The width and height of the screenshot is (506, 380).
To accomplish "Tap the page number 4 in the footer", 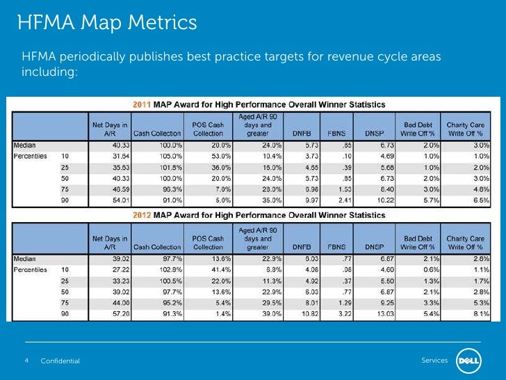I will (x=26, y=360).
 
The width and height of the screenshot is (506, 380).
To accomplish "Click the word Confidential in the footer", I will (x=60, y=361).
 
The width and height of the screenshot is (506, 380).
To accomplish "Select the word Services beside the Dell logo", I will (x=434, y=360).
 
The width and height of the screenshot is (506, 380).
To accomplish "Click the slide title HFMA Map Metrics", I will (x=107, y=23).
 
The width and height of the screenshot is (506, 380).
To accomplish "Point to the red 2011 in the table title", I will (x=142, y=104).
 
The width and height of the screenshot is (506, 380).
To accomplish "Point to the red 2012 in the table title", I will (x=142, y=217).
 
